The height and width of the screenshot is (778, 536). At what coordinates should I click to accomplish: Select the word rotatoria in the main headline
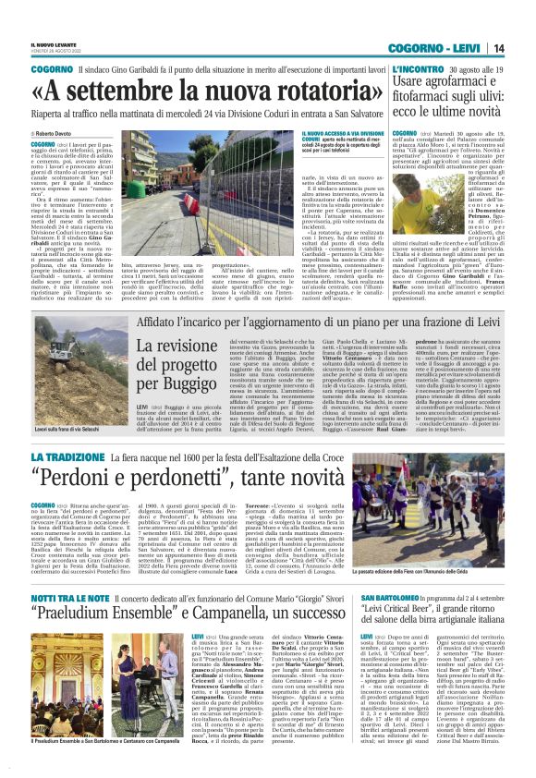[294, 91]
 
